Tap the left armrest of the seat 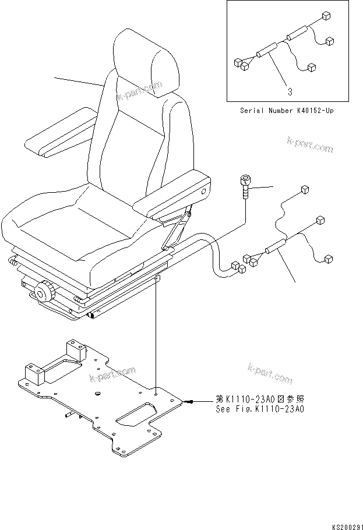(58, 137)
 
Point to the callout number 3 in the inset (290, 91)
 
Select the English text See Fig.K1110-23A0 (259, 409)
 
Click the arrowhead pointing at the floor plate (192, 401)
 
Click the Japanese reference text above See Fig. (259, 400)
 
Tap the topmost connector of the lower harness (304, 190)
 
